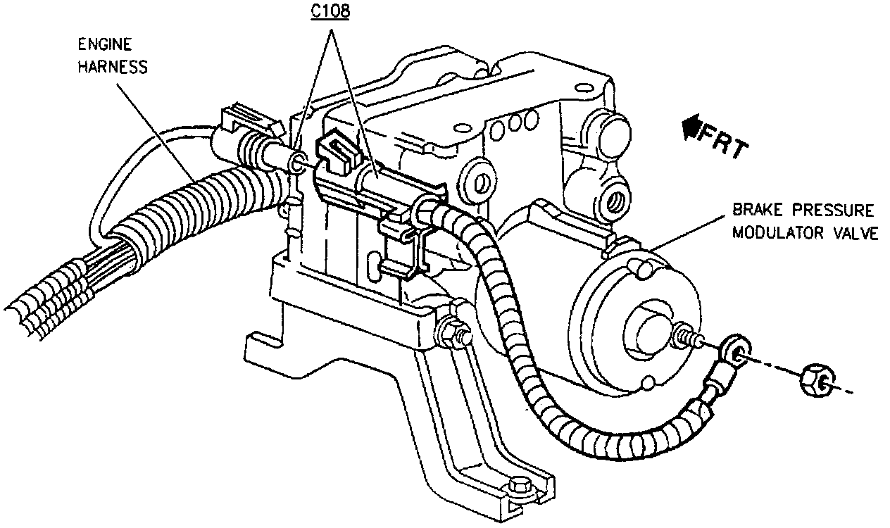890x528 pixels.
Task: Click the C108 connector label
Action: tap(330, 11)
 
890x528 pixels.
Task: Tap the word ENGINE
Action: tap(105, 44)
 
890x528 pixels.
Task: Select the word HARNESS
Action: tap(113, 67)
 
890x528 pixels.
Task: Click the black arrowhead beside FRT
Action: tap(691, 126)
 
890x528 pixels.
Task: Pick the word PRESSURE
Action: tap(834, 210)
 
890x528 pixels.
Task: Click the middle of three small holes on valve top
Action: tap(515, 123)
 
